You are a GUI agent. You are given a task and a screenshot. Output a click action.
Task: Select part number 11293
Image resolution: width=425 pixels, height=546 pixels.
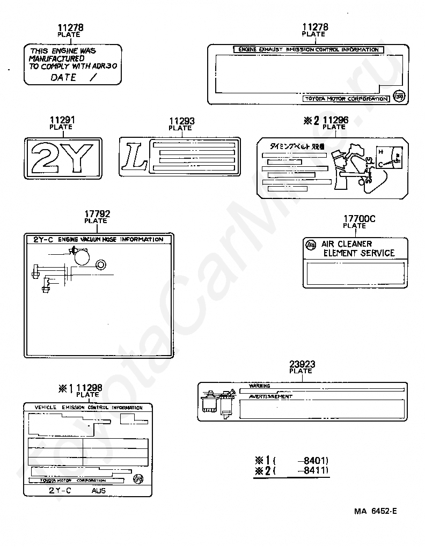click(181, 122)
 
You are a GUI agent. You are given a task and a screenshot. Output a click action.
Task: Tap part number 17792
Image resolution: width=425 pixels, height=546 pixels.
click(96, 214)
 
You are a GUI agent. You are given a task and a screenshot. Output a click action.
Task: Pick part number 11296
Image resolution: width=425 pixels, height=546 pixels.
click(335, 120)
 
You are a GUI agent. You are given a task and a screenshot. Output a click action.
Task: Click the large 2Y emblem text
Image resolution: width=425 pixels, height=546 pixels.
click(63, 157)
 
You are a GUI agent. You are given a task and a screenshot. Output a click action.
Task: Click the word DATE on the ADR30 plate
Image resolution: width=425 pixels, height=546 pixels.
click(63, 77)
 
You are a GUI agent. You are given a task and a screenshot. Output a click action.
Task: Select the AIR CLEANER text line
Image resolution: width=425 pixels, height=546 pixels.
click(347, 244)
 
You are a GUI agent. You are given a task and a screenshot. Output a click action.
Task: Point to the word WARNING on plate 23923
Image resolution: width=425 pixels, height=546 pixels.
click(260, 386)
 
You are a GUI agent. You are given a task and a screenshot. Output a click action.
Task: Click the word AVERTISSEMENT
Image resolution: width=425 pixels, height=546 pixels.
click(270, 396)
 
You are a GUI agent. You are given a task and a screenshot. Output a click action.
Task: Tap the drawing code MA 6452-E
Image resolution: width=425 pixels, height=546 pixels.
click(375, 511)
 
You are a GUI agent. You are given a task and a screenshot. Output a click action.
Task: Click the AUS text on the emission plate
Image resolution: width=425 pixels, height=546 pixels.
click(99, 490)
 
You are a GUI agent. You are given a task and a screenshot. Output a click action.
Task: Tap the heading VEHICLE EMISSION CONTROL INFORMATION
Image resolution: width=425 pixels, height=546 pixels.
click(89, 408)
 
